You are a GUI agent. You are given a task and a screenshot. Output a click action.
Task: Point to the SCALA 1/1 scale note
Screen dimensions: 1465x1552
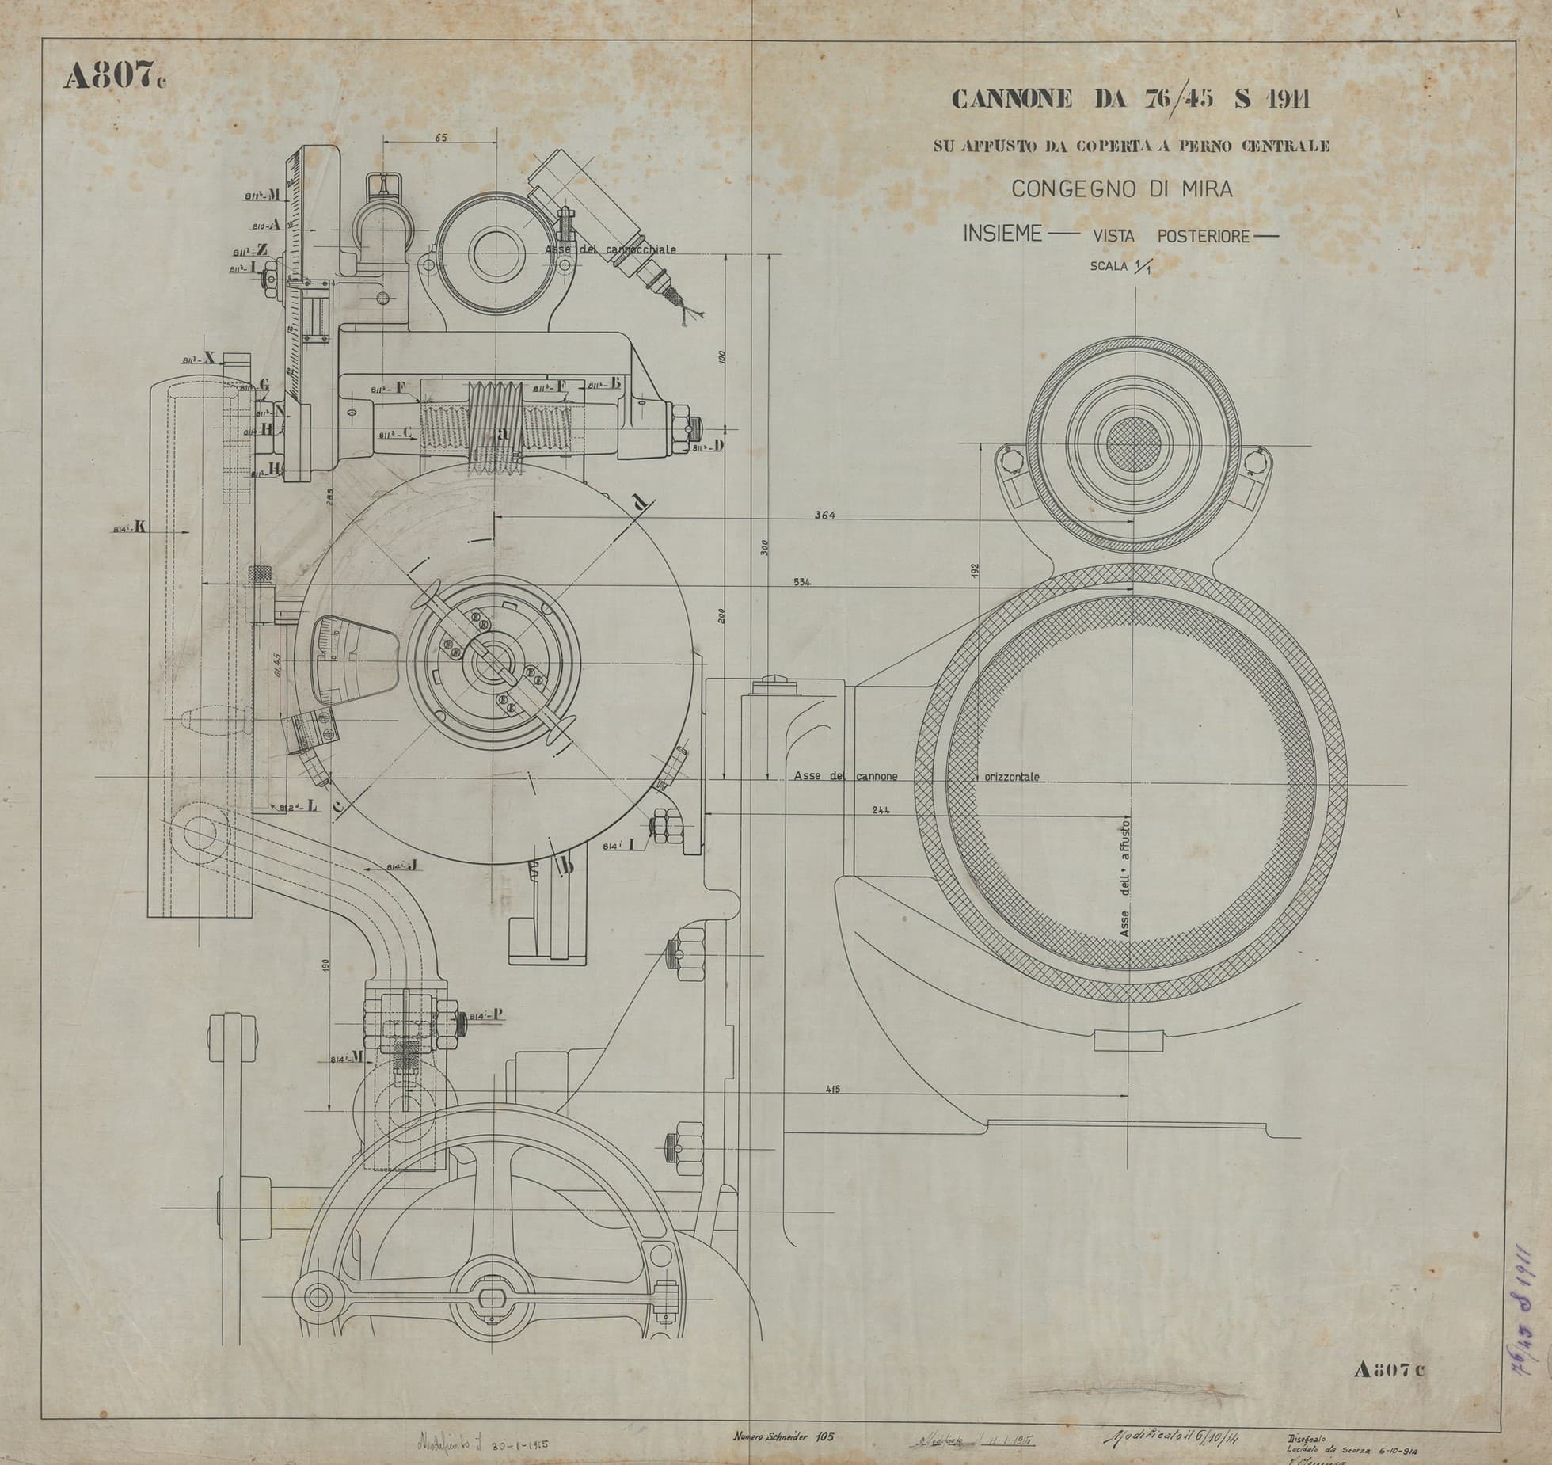1122,268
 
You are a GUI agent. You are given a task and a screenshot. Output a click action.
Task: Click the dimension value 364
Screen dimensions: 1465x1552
825,516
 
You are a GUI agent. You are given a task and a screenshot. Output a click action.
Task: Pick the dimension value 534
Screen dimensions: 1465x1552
803,582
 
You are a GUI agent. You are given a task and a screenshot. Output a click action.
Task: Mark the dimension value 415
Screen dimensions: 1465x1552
832,1090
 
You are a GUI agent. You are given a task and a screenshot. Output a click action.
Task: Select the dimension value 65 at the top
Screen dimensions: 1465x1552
441,138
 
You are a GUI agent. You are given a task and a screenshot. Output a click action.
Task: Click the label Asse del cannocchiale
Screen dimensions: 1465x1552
610,249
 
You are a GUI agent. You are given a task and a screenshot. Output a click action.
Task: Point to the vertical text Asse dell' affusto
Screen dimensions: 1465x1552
1125,879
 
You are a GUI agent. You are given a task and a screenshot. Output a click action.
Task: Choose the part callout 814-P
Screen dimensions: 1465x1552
481,1016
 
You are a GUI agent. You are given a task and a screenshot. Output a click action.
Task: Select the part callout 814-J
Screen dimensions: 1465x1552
401,867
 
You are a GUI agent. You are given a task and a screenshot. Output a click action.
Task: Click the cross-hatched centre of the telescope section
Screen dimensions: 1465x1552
1133,438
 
